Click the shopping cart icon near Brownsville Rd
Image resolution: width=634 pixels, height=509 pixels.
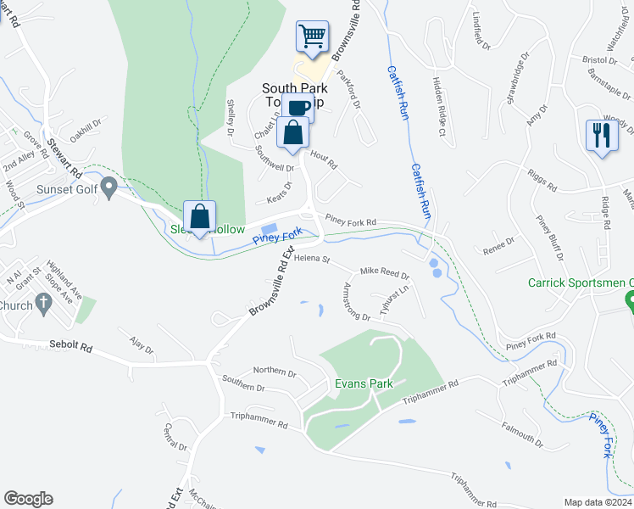tap(312, 37)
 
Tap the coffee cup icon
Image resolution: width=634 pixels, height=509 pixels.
tap(298, 109)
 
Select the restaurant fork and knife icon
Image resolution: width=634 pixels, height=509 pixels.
tap(601, 136)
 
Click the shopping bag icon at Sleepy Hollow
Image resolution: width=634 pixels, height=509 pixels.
tap(199, 216)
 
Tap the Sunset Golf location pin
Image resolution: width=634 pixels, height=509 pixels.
tap(108, 187)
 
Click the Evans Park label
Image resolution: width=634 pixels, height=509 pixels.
tap(364, 383)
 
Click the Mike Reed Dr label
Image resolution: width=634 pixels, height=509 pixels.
tap(385, 274)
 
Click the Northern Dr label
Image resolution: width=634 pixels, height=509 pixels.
tap(275, 372)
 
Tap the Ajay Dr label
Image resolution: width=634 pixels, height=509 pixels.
tap(141, 348)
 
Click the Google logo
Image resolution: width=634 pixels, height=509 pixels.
tap(28, 498)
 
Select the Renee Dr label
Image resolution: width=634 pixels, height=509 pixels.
tap(498, 244)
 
